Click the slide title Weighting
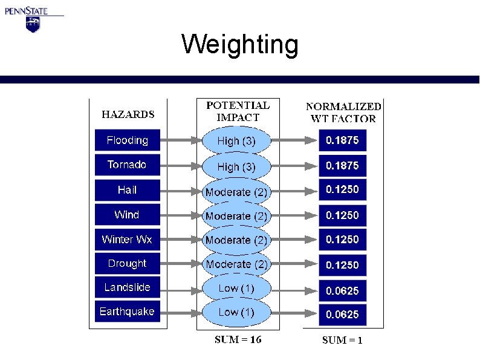(240, 44)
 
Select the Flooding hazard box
(128, 140)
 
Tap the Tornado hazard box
(128, 165)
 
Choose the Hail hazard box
(128, 190)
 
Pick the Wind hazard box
(128, 215)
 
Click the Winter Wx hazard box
(128, 240)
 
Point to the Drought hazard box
(128, 264)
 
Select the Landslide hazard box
(128, 287)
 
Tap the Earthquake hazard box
(128, 312)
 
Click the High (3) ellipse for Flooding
(236, 142)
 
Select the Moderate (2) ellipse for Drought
(236, 264)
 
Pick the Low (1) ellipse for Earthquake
(236, 312)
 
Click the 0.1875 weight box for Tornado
(342, 165)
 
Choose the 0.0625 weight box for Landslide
(342, 290)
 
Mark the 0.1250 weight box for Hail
(342, 190)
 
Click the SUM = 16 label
(238, 339)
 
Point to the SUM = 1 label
(342, 340)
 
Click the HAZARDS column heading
(128, 114)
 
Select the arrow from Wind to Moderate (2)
(180, 215)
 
